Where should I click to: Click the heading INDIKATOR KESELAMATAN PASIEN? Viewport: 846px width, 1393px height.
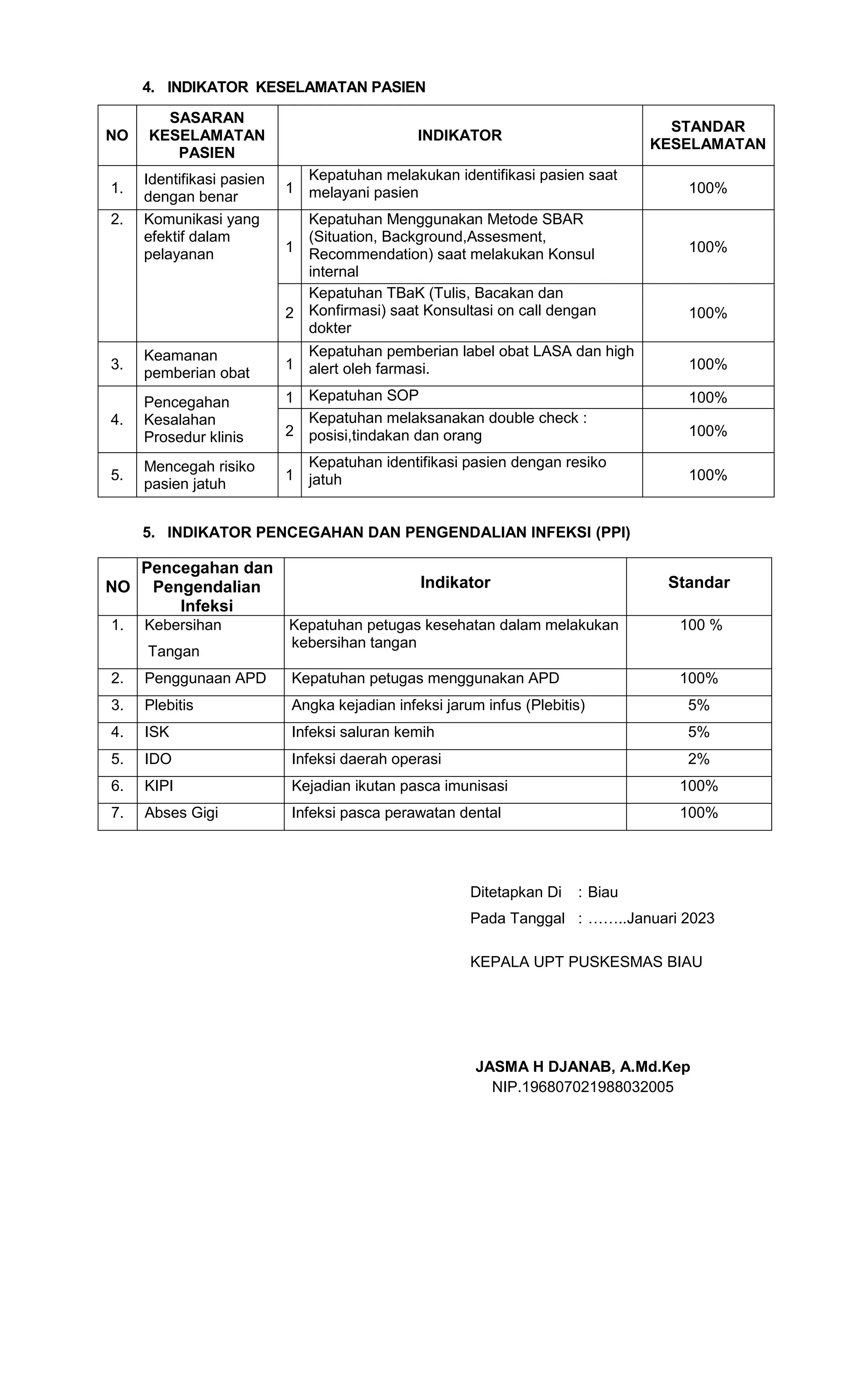point(296,87)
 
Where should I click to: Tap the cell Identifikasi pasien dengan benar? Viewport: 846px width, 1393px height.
point(204,187)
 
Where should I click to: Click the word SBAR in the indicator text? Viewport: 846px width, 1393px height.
point(562,219)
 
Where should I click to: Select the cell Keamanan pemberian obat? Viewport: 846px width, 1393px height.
point(196,364)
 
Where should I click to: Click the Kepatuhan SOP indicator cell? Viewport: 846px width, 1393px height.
point(363,396)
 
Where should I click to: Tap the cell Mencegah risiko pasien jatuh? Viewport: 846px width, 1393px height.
point(199,475)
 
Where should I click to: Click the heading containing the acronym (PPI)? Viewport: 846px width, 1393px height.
point(398,533)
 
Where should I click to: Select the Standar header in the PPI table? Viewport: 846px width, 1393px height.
point(699,582)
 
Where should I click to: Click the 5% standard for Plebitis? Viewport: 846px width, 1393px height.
point(699,705)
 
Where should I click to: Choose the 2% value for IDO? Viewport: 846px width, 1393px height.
point(699,759)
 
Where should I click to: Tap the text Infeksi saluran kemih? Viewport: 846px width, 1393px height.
point(363,732)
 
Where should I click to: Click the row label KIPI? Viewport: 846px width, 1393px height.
point(159,786)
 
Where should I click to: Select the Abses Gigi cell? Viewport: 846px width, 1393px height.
point(181,812)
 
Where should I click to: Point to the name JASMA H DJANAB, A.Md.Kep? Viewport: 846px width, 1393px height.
point(582,1067)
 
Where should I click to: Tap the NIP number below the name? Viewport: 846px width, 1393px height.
point(582,1087)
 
